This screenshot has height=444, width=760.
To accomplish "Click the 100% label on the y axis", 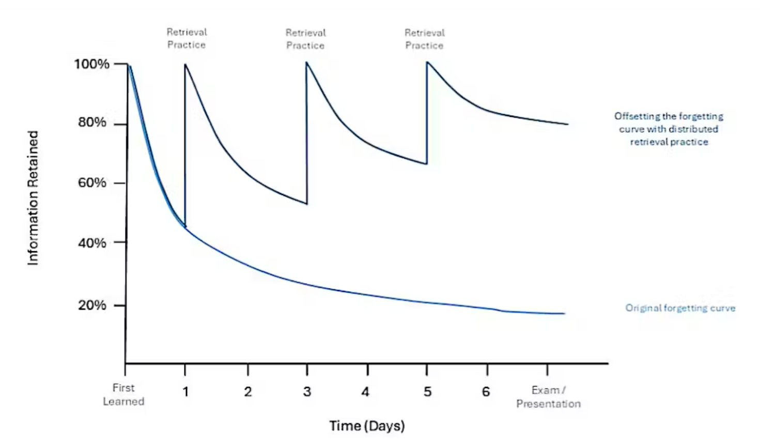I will click(92, 64).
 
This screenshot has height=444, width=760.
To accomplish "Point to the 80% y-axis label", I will click(92, 123).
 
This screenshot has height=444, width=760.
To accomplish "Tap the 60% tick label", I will click(92, 182).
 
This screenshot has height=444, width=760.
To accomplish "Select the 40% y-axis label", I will click(92, 242).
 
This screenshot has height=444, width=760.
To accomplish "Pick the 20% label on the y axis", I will click(92, 305).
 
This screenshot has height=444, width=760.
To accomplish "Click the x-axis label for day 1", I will click(185, 391).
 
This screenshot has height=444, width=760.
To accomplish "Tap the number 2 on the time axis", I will click(248, 391).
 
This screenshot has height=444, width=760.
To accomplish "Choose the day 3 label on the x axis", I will click(307, 391).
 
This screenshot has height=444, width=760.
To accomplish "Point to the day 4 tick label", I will click(365, 391).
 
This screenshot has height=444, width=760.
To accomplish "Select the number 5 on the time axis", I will click(427, 391).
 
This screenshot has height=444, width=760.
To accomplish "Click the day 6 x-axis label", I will click(486, 391).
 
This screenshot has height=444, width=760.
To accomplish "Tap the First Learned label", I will click(123, 394).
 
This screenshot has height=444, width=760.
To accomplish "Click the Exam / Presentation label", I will click(548, 397).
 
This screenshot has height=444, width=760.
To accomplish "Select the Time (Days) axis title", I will click(367, 426).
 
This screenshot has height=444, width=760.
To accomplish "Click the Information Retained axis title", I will click(33, 198).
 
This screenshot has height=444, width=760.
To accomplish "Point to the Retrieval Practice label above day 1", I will click(187, 38).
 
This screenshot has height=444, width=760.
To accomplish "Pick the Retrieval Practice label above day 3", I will click(305, 39).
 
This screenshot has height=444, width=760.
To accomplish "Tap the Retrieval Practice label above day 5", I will click(424, 39).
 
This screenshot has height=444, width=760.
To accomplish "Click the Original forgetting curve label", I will click(680, 308).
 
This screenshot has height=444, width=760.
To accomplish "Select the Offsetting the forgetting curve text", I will click(669, 129).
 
